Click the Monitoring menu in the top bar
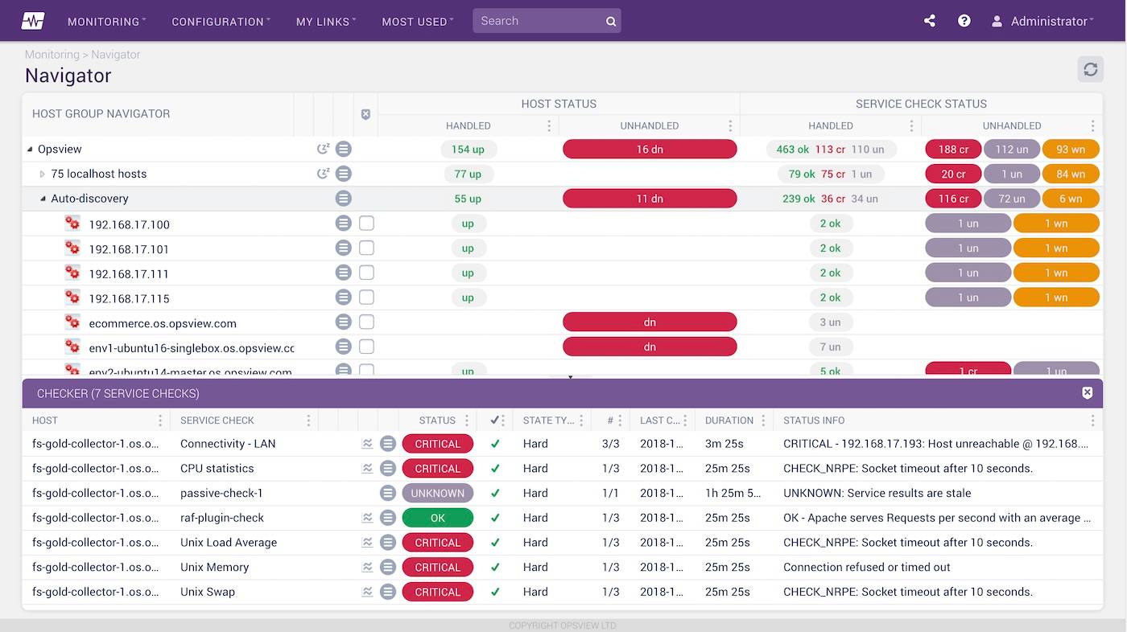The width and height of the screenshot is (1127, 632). (x=105, y=22)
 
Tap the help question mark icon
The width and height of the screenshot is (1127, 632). (x=964, y=21)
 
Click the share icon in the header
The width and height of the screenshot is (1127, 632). (x=930, y=21)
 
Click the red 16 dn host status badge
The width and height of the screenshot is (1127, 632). (x=650, y=149)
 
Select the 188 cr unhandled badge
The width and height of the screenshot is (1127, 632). (x=953, y=149)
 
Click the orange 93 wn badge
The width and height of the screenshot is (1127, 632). (x=1070, y=149)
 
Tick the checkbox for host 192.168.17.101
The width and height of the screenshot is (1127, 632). (x=366, y=248)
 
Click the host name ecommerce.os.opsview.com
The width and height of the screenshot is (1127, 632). (x=163, y=323)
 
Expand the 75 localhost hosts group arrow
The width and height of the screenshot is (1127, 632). (x=43, y=174)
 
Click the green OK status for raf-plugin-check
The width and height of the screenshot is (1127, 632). (x=437, y=518)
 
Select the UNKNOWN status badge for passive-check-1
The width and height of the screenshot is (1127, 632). (x=437, y=493)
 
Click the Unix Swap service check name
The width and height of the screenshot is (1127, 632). (x=208, y=592)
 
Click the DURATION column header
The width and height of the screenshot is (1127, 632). (x=729, y=421)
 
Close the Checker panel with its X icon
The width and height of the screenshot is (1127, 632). (x=1087, y=393)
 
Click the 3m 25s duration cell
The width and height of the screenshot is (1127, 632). (x=724, y=444)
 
